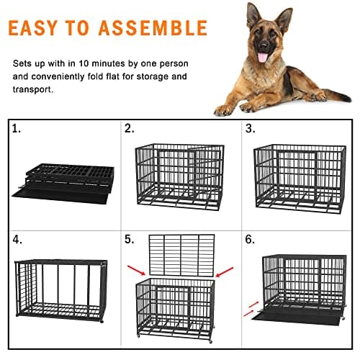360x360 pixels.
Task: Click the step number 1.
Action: [17, 130]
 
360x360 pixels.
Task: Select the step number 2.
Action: [130, 130]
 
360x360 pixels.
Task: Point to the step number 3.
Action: [249, 130]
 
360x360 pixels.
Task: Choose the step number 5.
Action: [130, 239]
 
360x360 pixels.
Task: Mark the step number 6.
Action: [249, 239]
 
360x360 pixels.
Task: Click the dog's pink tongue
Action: [262, 57]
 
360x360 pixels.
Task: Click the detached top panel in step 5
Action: [180, 255]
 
